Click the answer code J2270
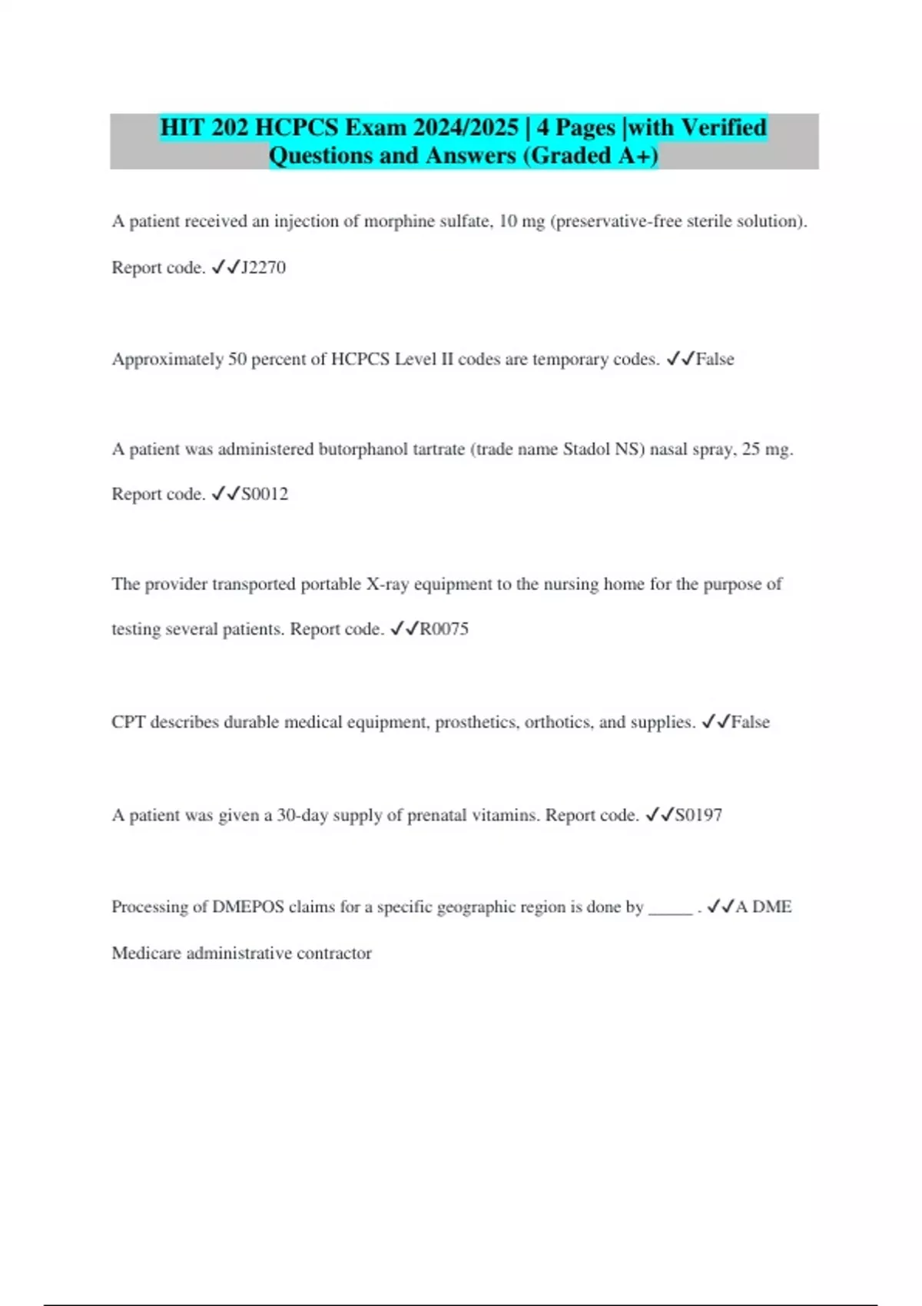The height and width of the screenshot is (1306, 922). (264, 267)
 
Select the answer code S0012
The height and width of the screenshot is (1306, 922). (265, 494)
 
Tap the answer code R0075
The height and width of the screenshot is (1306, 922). (444, 629)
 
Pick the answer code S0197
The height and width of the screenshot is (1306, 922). (698, 815)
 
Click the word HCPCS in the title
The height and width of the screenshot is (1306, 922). (296, 128)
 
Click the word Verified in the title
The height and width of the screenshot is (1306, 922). (724, 128)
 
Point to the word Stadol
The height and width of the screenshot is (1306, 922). (586, 449)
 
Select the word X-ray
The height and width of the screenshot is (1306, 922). (387, 585)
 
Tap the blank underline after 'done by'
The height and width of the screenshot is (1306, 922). (671, 909)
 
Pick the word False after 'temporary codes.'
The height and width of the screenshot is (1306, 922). (715, 360)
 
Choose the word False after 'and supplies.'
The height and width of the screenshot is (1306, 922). (750, 722)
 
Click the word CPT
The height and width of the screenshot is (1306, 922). (128, 722)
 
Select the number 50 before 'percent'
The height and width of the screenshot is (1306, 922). (237, 360)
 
